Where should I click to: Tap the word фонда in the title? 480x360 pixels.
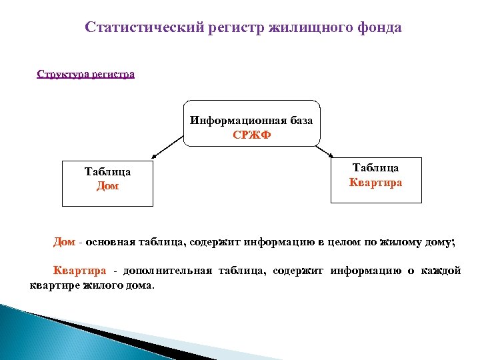(380, 27)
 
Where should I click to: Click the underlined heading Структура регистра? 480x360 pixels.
(85, 73)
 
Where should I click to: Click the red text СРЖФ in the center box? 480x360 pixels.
(251, 134)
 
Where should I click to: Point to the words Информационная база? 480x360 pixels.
(251, 121)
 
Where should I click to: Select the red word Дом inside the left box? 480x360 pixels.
(107, 186)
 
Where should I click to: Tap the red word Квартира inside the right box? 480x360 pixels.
(376, 182)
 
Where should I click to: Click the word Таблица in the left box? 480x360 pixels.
(107, 172)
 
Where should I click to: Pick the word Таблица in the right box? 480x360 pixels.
(376, 168)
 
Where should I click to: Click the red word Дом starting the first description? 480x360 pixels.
(64, 242)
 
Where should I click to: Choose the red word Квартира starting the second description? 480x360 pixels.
(79, 271)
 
